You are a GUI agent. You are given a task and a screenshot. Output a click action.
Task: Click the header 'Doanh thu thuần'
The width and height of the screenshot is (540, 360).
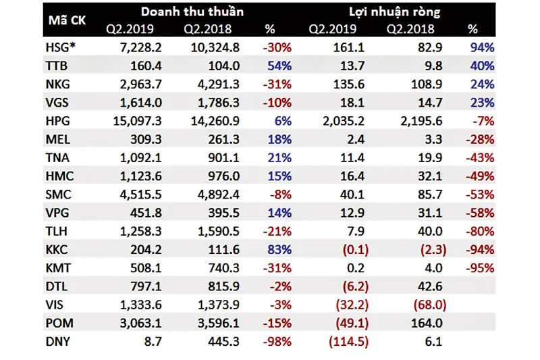pyautogui.click(x=193, y=11)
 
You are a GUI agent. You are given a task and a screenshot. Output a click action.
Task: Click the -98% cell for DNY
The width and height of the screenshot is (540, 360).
pyautogui.click(x=277, y=342)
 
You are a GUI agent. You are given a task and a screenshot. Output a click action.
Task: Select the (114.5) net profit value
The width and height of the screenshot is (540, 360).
pyautogui.click(x=348, y=342)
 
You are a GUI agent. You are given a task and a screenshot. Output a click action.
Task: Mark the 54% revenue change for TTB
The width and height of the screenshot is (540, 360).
pyautogui.click(x=279, y=67)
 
